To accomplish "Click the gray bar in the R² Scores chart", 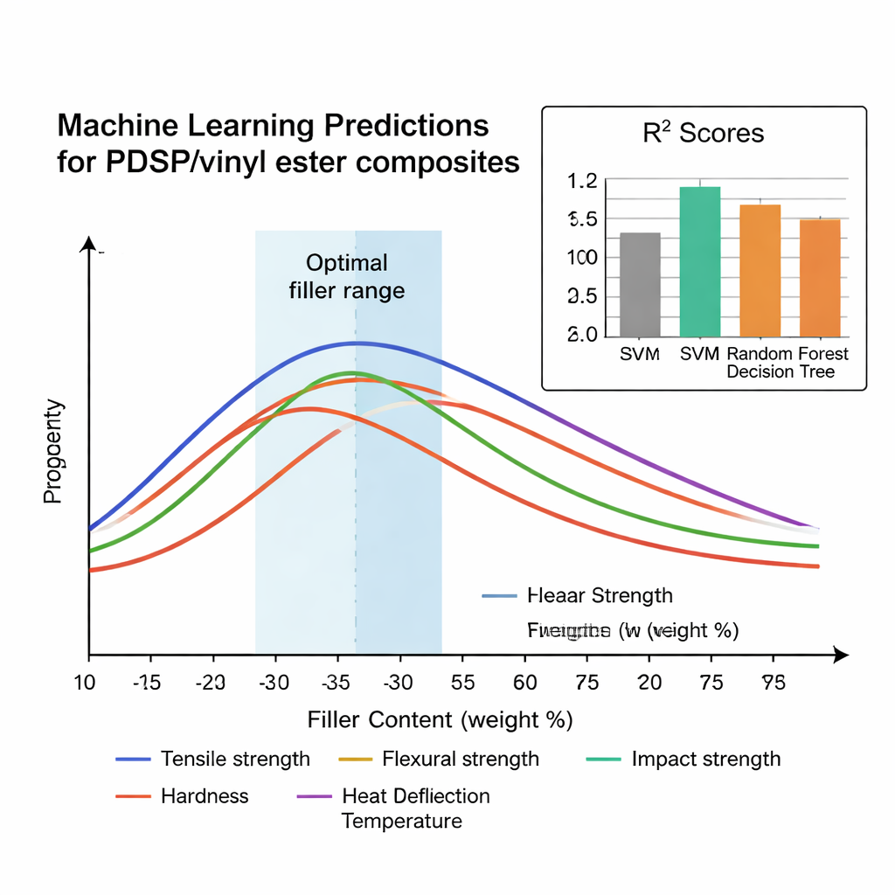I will click(640, 284).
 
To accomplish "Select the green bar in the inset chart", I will click(699, 261).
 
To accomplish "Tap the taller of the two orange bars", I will click(760, 270).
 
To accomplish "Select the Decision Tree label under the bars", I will click(781, 371).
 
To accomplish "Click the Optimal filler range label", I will click(347, 276).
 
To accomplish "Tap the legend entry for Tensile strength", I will click(234, 759).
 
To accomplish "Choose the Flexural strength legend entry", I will click(460, 759).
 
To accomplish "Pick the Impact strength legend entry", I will click(705, 759).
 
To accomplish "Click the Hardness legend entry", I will click(205, 795).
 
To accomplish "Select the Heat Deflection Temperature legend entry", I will click(415, 808).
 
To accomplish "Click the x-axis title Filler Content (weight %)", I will click(440, 719).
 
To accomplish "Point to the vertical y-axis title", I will click(53, 451).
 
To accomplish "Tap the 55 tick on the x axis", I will click(463, 683).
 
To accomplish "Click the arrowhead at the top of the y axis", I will click(88, 244).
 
